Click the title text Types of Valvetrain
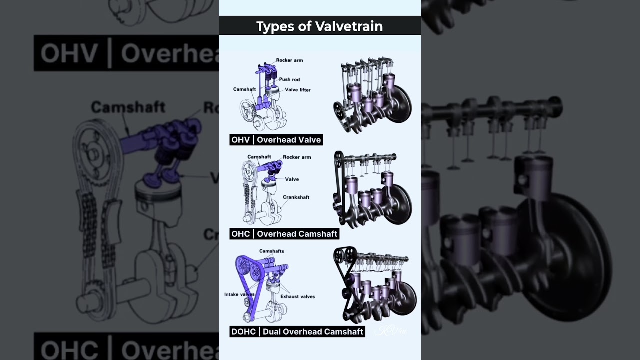[319, 26]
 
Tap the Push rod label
[289, 79]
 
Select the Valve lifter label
[298, 90]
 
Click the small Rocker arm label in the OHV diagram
[289, 60]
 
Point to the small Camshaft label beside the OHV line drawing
[244, 89]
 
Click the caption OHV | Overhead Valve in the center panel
[276, 140]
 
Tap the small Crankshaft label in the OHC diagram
[296, 197]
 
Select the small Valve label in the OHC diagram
[292, 179]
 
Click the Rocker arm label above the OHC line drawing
[297, 157]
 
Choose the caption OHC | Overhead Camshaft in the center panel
[284, 234]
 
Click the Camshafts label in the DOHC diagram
[271, 251]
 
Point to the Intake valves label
[240, 294]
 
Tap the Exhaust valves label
[297, 296]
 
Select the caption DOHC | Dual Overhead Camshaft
[297, 331]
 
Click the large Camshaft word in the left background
[128, 107]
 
